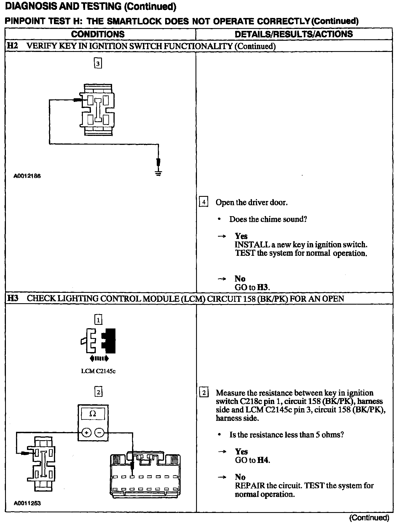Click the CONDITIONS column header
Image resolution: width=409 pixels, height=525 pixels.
pos(98,34)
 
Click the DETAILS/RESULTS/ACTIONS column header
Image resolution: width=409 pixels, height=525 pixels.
pos(294,34)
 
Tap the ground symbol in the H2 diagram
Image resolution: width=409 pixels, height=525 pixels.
pos(158,173)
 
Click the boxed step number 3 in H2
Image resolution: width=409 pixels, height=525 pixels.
pos(97,63)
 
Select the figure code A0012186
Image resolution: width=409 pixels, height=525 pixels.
pos(27,176)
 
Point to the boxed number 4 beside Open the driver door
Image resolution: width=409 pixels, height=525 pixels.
pos(203,202)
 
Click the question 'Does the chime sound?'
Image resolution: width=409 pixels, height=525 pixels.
pos(268,219)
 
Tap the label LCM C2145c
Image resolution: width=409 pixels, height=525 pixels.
pos(98,371)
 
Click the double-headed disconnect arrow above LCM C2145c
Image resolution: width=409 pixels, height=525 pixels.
pos(99,358)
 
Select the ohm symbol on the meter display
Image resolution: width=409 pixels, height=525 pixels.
pos(92,414)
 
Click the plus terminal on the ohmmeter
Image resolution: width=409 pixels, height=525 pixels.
pos(86,433)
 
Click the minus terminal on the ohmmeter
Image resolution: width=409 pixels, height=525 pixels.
pos(99,433)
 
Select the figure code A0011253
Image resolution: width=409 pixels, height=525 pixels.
pos(27,503)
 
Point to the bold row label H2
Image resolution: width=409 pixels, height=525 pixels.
pos(12,46)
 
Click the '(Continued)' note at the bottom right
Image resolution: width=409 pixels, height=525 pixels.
pos(369,517)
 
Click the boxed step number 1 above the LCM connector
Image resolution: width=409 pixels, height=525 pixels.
pos(98,319)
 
